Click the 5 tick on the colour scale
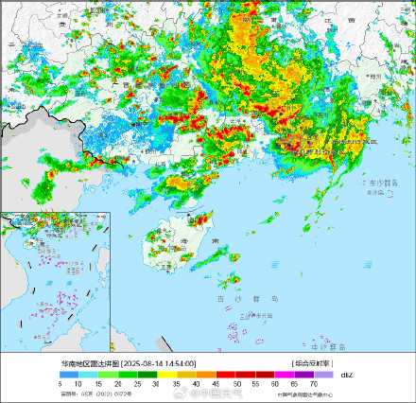(60, 382)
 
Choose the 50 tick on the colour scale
(237, 382)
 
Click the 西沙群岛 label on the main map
(231, 298)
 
